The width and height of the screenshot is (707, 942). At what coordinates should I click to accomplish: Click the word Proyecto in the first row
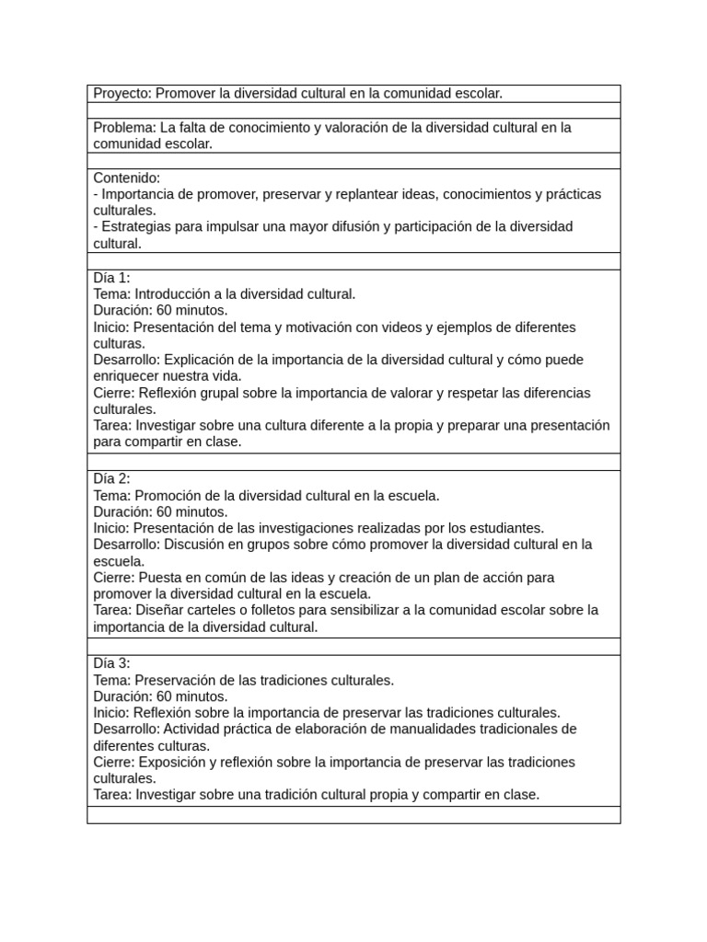pyautogui.click(x=122, y=94)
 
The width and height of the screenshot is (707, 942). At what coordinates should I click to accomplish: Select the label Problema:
pyautogui.click(x=124, y=128)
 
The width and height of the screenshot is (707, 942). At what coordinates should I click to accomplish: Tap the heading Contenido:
pyautogui.click(x=127, y=178)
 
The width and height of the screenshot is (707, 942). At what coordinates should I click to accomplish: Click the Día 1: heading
pyautogui.click(x=112, y=278)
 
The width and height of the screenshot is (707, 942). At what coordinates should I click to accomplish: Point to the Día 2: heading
pyautogui.click(x=112, y=479)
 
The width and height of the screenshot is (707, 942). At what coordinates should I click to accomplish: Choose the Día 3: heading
pyautogui.click(x=112, y=663)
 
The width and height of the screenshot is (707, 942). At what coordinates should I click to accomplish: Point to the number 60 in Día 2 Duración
pyautogui.click(x=165, y=512)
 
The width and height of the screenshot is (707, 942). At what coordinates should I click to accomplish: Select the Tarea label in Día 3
pyautogui.click(x=112, y=795)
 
